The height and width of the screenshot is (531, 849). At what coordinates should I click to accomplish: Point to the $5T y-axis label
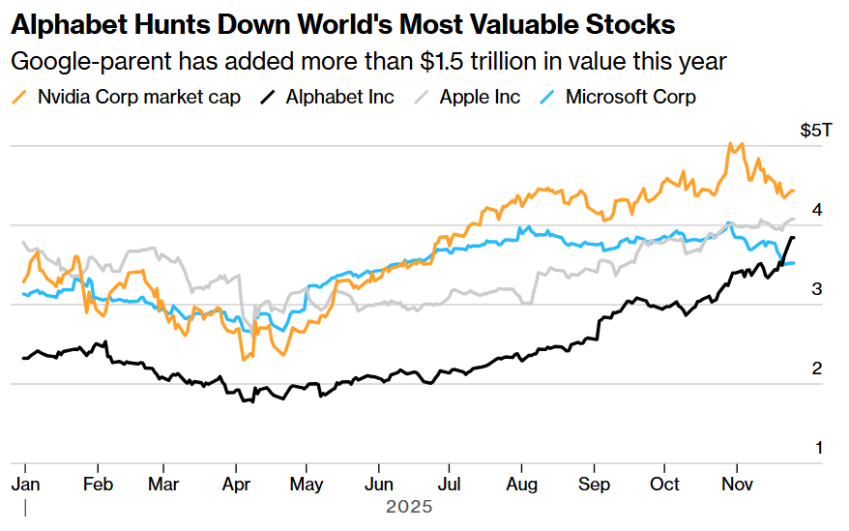(815, 130)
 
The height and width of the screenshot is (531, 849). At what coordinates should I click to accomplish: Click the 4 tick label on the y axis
(817, 209)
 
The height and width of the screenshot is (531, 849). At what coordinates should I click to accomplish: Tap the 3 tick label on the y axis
(817, 288)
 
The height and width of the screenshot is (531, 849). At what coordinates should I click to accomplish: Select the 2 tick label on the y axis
(817, 369)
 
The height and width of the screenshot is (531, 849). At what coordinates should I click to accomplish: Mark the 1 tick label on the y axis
(817, 448)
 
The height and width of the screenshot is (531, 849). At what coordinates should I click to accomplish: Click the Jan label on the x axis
(24, 484)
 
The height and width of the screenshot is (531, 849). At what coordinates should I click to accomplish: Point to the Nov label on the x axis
(739, 484)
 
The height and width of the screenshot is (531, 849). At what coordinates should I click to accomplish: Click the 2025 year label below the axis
(409, 507)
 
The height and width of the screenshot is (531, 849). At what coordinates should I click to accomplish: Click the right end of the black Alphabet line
(794, 237)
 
